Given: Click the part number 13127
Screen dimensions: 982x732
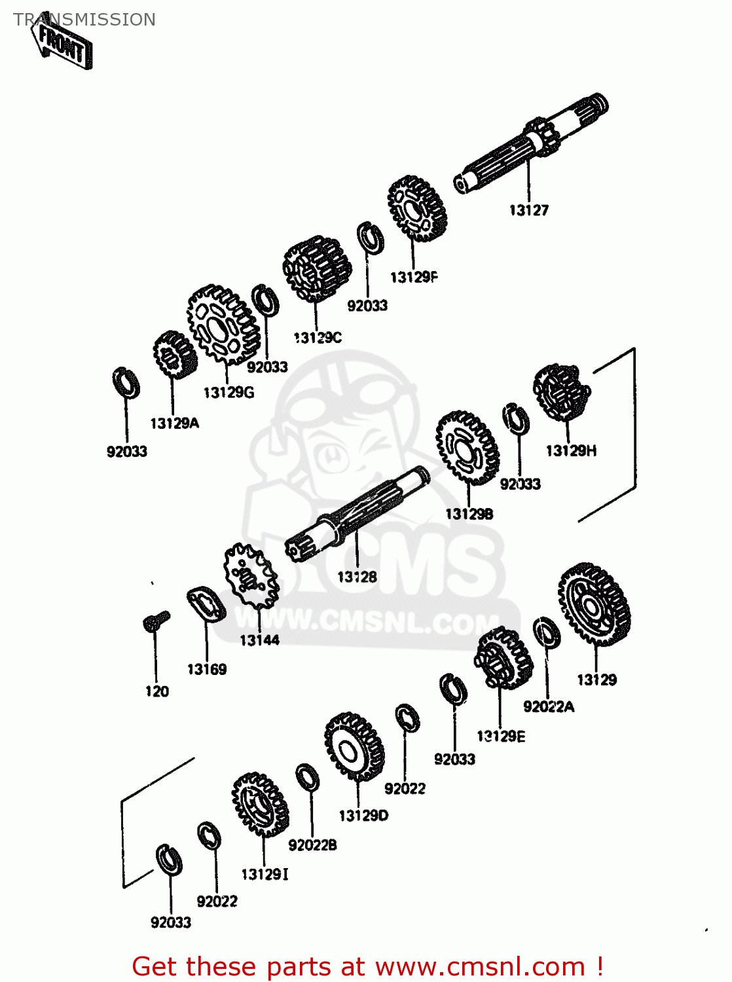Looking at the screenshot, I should coord(528,210).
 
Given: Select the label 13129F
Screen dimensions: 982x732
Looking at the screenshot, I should coord(413,277).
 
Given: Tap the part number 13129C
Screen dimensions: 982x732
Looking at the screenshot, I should coord(318,338).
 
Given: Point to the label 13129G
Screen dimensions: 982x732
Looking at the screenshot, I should coord(229,392).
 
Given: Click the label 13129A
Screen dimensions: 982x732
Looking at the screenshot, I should coord(174,423).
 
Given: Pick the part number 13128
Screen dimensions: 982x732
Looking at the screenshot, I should coord(357,577).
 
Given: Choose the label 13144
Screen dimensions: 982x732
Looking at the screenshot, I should coord(259,640).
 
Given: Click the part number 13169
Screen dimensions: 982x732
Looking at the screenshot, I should coord(207,669).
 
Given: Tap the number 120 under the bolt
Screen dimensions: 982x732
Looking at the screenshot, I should coord(157,691).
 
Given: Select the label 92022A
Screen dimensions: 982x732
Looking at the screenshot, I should coord(549,706).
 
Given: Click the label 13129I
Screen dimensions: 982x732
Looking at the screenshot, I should coord(265,875).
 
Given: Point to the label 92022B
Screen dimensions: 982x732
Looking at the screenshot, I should coord(312,845).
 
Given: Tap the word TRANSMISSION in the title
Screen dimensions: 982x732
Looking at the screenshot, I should coord(84,20).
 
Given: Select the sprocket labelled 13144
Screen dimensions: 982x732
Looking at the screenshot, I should coord(251,577).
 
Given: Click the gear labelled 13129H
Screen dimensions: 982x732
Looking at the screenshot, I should coord(560,393).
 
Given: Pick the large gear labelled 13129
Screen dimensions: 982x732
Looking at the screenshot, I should coord(594,604).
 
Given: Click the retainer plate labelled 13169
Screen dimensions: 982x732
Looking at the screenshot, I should coord(206,604).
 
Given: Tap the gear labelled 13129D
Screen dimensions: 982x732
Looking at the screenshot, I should coord(354,746).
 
